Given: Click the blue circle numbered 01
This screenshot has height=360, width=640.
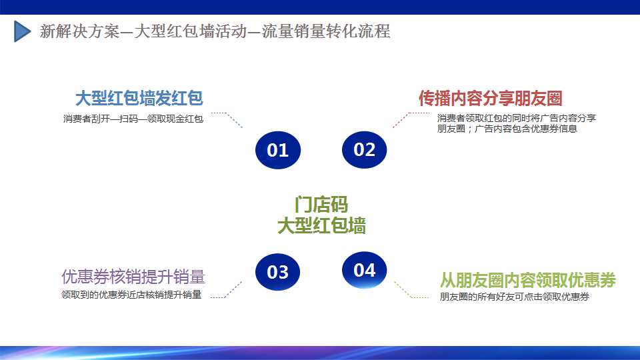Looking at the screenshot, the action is pos(278,150).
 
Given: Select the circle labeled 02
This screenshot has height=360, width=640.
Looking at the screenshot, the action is pos(364,149).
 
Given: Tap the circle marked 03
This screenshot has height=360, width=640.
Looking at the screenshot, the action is pos(277,272).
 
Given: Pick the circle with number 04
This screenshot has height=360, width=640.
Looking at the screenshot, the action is pos(364,270).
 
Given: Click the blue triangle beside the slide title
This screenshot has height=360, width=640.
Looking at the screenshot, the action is pos(22,31).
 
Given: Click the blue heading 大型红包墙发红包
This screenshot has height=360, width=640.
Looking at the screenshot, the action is pos(139,99).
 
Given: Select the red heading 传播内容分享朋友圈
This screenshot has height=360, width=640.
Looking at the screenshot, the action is pos(490,98).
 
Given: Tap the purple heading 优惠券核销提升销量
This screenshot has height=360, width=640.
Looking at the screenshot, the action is pos(133,277).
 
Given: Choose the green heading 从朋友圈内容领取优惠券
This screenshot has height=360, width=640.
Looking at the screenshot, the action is pos(528,280).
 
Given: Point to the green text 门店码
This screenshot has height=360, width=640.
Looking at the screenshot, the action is pos(321,205).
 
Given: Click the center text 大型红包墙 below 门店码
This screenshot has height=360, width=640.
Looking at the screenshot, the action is pos(321,226).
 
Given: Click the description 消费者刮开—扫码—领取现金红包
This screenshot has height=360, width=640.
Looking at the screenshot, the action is pos(133,119).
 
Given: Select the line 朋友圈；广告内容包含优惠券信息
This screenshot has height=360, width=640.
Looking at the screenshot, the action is pos(507,129).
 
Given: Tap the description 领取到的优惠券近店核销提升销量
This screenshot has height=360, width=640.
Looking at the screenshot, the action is pos(131,295).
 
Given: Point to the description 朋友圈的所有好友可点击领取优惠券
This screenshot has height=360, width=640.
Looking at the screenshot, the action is pos(514,297).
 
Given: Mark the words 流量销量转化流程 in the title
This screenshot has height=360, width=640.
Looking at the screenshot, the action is pos(326,31).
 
